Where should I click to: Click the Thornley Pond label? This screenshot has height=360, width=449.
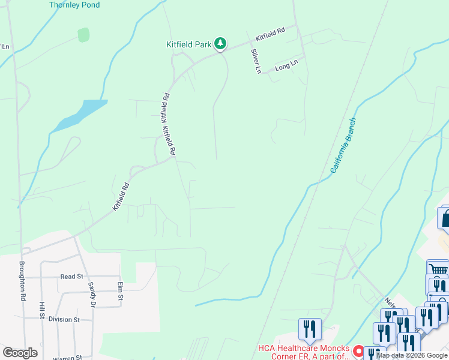click(74, 5)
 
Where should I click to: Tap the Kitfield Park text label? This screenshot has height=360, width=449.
click(189, 44)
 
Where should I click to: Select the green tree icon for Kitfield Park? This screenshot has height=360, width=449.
click(221, 43)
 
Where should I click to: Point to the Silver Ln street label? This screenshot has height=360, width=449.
click(256, 61)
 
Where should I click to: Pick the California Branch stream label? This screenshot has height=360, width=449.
click(343, 146)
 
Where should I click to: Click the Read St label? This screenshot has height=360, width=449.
click(71, 277)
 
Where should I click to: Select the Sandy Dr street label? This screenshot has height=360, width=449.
click(92, 295)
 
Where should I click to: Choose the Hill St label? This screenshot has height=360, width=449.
click(42, 314)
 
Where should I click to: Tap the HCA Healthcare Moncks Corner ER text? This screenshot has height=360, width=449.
click(304, 352)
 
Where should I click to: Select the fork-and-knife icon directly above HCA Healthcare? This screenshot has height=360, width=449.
click(310, 328)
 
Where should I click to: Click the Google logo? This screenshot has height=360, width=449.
click(20, 353)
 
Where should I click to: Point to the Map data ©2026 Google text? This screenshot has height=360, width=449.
click(412, 355)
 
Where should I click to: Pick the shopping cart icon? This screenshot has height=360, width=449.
click(438, 269)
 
